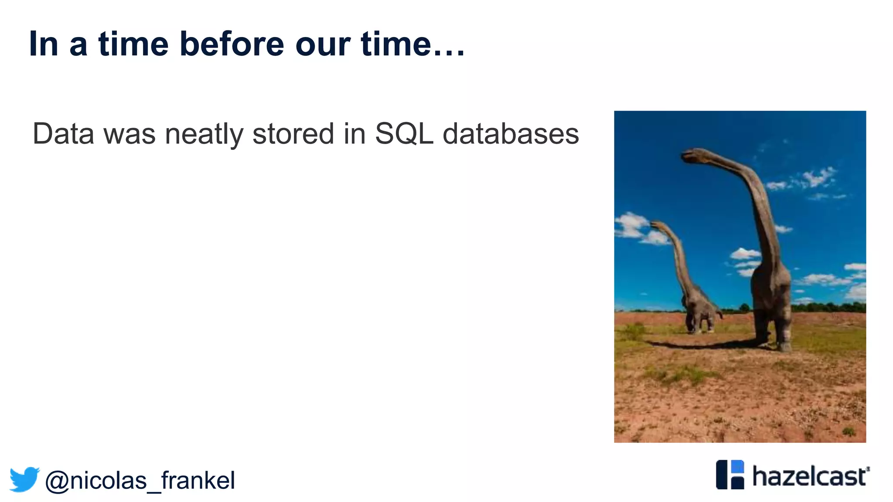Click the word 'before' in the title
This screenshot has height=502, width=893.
click(x=232, y=44)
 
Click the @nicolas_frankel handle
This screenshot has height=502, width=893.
click(x=140, y=480)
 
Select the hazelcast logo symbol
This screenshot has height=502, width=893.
click(x=730, y=475)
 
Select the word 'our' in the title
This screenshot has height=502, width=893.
click(x=323, y=44)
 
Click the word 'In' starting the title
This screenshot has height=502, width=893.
click(x=43, y=44)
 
